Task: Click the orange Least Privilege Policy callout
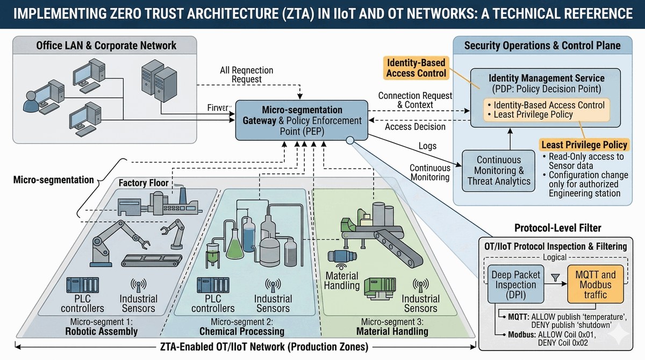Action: point(584,145)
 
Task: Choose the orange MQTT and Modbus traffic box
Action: point(597,285)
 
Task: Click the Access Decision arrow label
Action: point(415,127)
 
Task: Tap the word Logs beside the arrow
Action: point(427,146)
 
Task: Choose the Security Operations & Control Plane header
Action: point(542,46)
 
